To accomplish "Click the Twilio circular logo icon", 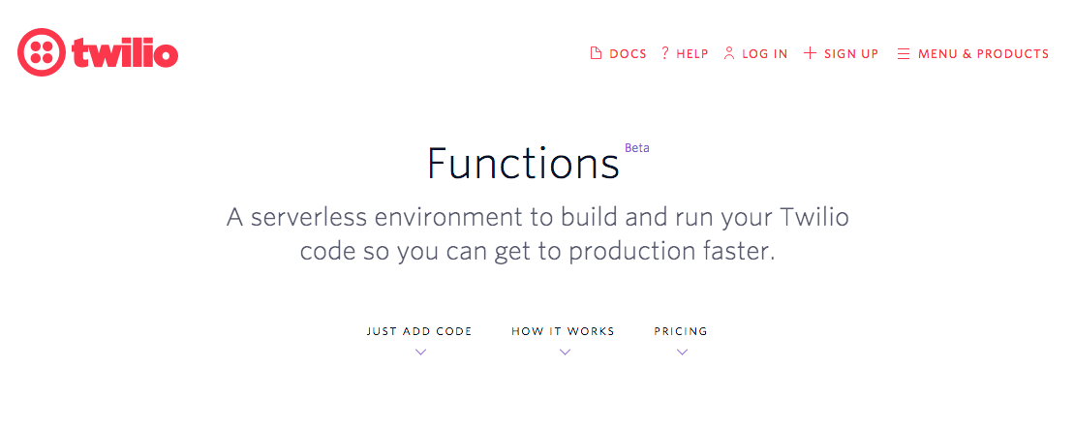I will pos(41,52).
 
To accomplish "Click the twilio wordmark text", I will pos(125,53).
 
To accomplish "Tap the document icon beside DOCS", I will pos(597,54).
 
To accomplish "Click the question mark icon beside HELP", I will pos(665,53).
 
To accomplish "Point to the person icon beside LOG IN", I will pos(729,53).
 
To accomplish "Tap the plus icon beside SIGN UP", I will pos(810,53).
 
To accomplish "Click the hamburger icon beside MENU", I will pos(904,54).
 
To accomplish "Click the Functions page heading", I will pos(523,164).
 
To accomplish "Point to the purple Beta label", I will pos(637,148).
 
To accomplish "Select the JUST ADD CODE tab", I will pos(419,331).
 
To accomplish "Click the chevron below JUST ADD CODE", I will pos(420,353).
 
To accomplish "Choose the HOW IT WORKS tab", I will pos(563,331).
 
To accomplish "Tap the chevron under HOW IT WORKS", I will pos(565,353).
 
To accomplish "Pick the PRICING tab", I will pos(681,331).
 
